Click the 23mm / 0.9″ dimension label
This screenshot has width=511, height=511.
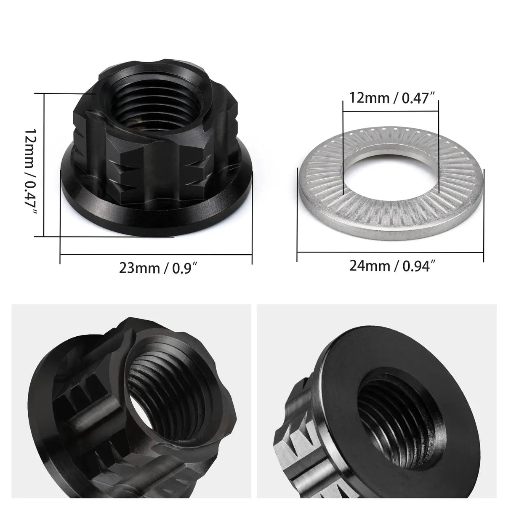point(158,268)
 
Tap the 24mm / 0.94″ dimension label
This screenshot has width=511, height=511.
point(392,266)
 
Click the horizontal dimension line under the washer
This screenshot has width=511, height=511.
point(390,253)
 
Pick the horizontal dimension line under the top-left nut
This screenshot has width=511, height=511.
point(156,254)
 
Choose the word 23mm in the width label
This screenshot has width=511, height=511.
point(134,268)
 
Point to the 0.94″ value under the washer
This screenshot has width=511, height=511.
point(418,266)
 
